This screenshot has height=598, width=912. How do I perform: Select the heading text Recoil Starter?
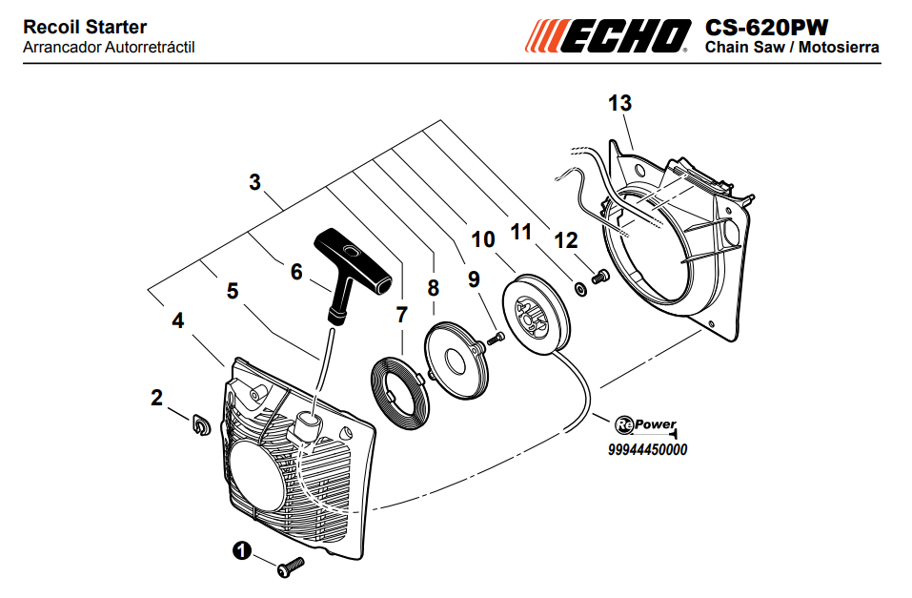pyautogui.click(x=85, y=28)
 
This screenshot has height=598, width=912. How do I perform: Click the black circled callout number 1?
pyautogui.click(x=241, y=550)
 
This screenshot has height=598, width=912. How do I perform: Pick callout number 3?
pyautogui.click(x=254, y=181)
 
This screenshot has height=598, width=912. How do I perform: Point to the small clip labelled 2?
pyautogui.click(x=199, y=423)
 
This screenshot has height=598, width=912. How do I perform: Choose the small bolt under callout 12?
pyautogui.click(x=599, y=278)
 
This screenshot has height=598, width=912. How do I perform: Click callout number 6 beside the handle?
pyautogui.click(x=296, y=271)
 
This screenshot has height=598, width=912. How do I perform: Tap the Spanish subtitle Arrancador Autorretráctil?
pyautogui.click(x=109, y=47)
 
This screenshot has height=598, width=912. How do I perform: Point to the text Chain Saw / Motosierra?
pyautogui.click(x=791, y=47)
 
